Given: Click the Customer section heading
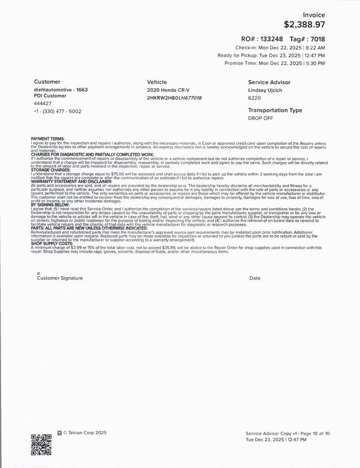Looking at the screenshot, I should [x=47, y=82].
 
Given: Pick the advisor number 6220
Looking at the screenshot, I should [x=254, y=98].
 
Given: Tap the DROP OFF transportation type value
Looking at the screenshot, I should [x=260, y=118].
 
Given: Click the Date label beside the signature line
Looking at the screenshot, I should [x=254, y=278].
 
